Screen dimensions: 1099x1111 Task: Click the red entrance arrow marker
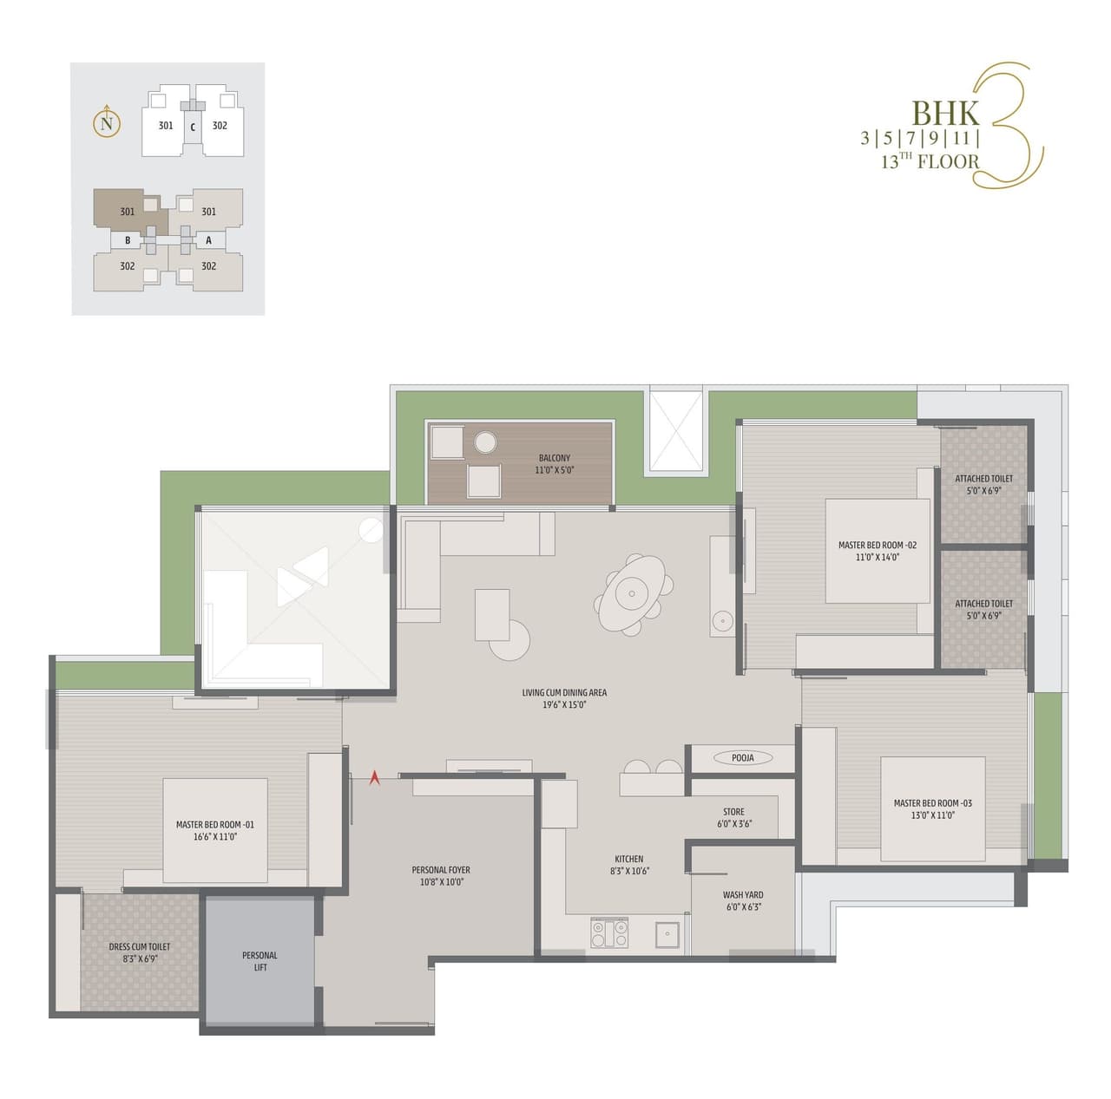pos(375,778)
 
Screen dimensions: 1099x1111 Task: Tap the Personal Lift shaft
pos(260,961)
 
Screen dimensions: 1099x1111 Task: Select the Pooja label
pos(742,757)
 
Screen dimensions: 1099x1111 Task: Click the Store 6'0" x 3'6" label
pos(733,818)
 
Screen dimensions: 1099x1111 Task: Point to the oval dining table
pos(632,595)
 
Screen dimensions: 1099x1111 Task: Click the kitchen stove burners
pos(609,933)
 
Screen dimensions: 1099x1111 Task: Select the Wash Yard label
pos(743,900)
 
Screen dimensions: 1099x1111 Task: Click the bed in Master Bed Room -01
pos(214,830)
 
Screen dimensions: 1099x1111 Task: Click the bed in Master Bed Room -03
pos(932,808)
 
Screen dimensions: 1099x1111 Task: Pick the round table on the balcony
pos(484,443)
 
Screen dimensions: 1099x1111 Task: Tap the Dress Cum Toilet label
pos(140,952)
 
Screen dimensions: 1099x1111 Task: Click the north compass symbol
pos(106,123)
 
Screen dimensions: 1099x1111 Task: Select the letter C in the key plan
pos(193,127)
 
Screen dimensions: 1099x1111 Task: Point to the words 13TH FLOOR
pos(930,160)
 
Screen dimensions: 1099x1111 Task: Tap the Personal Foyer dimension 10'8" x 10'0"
pos(441,882)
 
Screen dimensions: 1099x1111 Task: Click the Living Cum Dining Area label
pos(564,698)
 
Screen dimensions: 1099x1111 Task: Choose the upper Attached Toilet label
pos(983,484)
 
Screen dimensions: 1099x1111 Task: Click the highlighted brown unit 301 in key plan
pos(127,211)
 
